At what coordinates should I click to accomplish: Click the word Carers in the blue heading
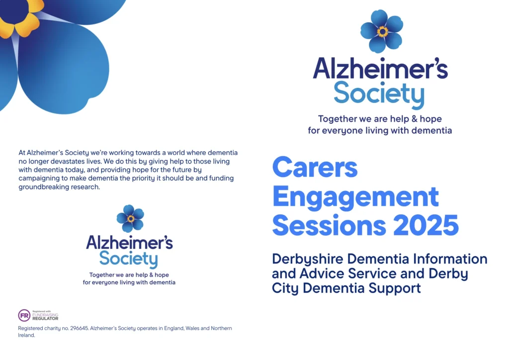(315, 168)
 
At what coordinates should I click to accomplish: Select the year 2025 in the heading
(426, 225)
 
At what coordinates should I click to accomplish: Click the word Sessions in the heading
(329, 225)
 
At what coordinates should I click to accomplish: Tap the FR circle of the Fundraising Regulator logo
(24, 315)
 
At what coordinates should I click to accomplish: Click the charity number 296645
(79, 329)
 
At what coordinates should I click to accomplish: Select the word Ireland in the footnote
(26, 335)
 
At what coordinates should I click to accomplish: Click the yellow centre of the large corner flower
(20, 17)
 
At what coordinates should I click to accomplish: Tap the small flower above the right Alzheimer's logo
(382, 31)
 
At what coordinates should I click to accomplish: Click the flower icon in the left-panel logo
(131, 218)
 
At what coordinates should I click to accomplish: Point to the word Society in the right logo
(379, 94)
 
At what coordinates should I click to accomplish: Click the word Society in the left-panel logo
(129, 259)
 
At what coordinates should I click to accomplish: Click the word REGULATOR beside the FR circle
(45, 318)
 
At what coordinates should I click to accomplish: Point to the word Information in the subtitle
(450, 259)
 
